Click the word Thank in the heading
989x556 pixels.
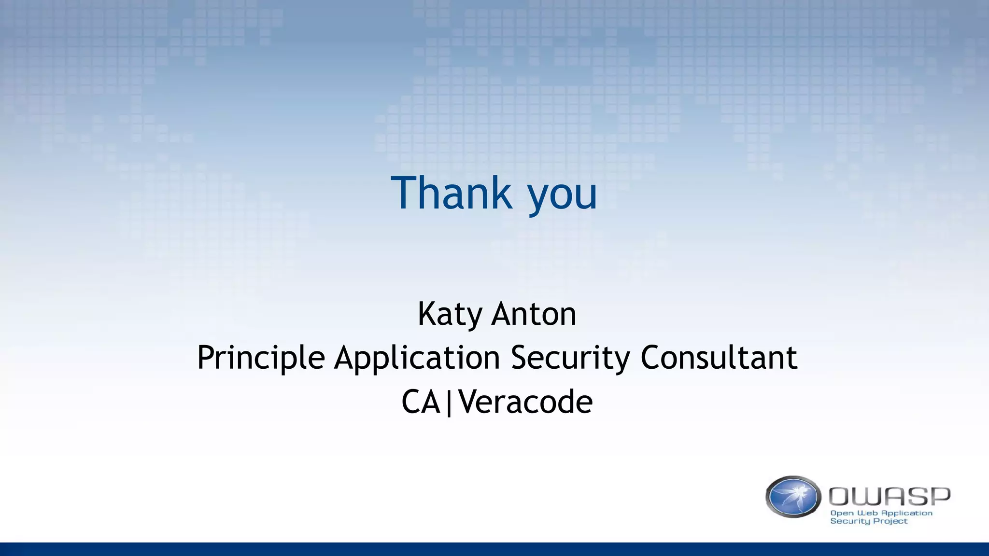point(452,193)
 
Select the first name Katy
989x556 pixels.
point(450,315)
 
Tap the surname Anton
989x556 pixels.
point(534,314)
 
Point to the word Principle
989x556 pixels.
point(261,358)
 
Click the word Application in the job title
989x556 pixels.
point(417,358)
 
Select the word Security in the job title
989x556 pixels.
point(570,358)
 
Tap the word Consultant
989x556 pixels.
point(719,358)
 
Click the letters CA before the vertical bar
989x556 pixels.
point(421,402)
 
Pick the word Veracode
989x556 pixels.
point(525,402)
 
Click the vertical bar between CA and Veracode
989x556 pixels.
point(449,403)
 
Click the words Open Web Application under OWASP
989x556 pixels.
point(881,513)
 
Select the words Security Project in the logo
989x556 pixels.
point(868,521)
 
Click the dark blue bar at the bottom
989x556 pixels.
point(494,549)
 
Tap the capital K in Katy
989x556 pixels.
point(427,314)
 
